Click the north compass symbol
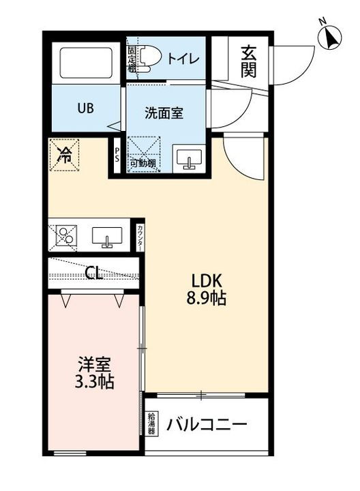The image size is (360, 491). [331, 38]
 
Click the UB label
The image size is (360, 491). [85, 108]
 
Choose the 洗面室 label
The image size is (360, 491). [164, 113]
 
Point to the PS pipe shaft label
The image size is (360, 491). [117, 154]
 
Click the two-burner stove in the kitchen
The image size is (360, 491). [65, 235]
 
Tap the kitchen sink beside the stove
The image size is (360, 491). [106, 237]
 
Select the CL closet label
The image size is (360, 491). [94, 273]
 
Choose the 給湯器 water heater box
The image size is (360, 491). [153, 424]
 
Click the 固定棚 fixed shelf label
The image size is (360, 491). [132, 59]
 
